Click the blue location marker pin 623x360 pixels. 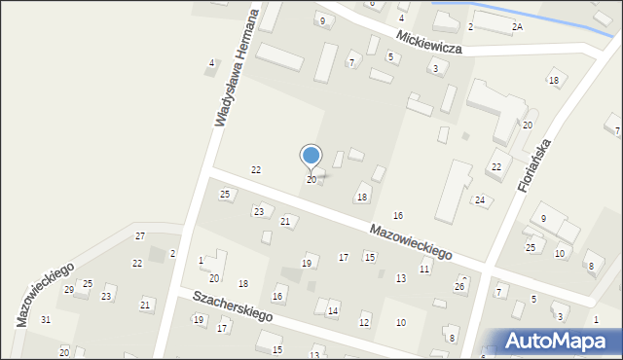tap(311, 157)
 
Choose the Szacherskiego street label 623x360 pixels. tap(233, 306)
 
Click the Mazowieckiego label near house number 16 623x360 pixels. tap(410, 240)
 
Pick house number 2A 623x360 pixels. tap(517, 27)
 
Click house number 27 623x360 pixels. tap(140, 236)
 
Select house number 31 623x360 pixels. tap(46, 320)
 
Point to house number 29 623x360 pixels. tap(69, 290)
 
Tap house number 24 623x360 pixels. tap(480, 200)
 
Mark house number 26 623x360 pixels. tap(459, 287)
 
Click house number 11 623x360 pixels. tap(424, 269)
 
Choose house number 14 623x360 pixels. tap(333, 311)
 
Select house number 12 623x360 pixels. tap(364, 322)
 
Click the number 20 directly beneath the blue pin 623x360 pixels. tap(311, 180)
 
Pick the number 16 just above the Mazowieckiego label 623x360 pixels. tap(397, 215)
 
